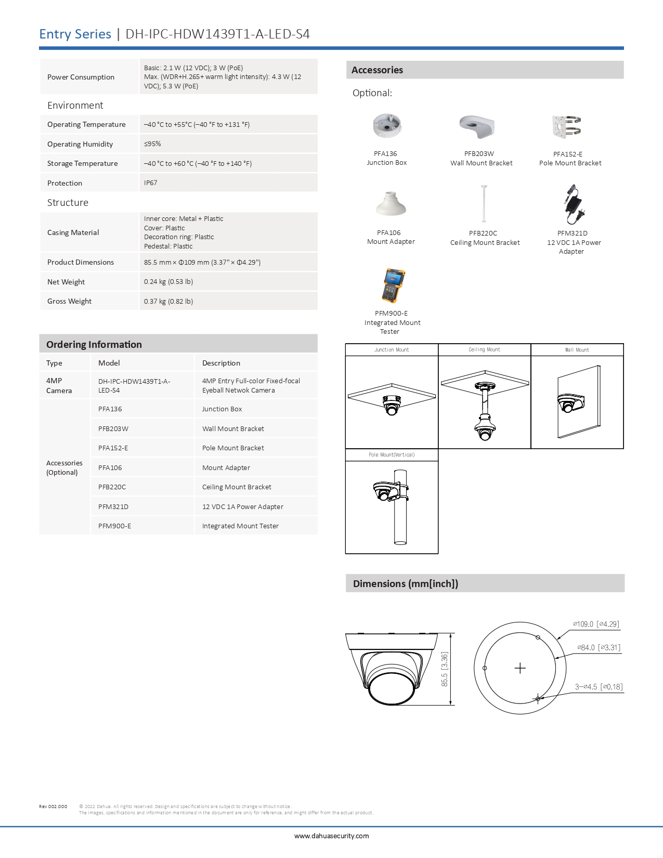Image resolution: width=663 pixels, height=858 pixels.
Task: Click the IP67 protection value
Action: click(x=151, y=183)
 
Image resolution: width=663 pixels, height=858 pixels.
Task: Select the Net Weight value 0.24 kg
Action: click(x=168, y=282)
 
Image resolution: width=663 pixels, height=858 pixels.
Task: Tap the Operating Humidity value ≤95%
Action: click(x=152, y=144)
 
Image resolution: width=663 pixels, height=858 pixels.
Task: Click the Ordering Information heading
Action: click(x=94, y=345)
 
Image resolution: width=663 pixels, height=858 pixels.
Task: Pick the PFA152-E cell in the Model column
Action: click(x=113, y=448)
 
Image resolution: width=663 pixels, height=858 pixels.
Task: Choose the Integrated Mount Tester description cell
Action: click(x=240, y=526)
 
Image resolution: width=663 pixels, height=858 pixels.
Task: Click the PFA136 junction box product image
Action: click(x=387, y=126)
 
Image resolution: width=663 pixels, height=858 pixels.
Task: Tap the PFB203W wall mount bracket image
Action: click(x=477, y=126)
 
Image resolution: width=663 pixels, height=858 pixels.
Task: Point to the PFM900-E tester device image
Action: click(x=393, y=285)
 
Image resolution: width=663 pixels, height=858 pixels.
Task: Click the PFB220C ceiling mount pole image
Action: click(x=484, y=203)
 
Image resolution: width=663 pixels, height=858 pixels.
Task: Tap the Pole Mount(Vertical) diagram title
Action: click(x=392, y=455)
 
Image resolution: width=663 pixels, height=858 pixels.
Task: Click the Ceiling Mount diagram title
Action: click(x=484, y=350)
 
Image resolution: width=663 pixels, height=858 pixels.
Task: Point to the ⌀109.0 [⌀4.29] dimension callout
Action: click(x=596, y=624)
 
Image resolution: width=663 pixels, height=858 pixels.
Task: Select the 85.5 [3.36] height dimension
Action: click(x=445, y=669)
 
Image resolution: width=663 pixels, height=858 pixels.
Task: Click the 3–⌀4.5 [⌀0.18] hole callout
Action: click(x=599, y=687)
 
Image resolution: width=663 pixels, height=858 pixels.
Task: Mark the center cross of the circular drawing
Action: click(x=520, y=668)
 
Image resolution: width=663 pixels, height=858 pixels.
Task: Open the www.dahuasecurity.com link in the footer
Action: click(x=331, y=836)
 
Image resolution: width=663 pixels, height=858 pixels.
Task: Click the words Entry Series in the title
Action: click(x=75, y=34)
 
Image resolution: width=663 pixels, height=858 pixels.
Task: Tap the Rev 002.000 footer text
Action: click(x=53, y=807)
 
